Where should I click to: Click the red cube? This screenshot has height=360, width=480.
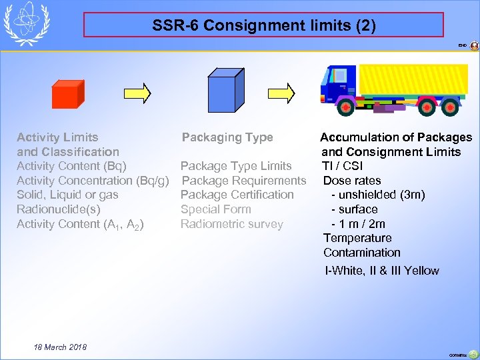pos(67,94)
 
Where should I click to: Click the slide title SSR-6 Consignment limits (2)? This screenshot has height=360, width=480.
pos(263,26)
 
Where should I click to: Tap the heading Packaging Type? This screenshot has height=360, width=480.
pos(227,137)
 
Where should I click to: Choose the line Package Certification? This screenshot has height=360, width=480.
pos(237,195)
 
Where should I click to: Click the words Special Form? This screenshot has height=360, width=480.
pos(215,209)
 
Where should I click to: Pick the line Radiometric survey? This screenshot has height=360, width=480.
pos(231,224)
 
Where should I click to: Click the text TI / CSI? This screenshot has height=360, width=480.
pos(342,166)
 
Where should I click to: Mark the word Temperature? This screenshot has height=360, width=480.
pos(357,238)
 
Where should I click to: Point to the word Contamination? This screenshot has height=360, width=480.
pos(362,253)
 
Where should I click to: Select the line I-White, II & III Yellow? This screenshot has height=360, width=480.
pos(381,271)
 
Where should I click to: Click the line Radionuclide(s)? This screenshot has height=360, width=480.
pos(59,209)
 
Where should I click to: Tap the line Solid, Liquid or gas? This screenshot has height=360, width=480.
pos(67,195)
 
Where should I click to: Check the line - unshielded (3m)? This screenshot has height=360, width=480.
pos(377,195)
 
